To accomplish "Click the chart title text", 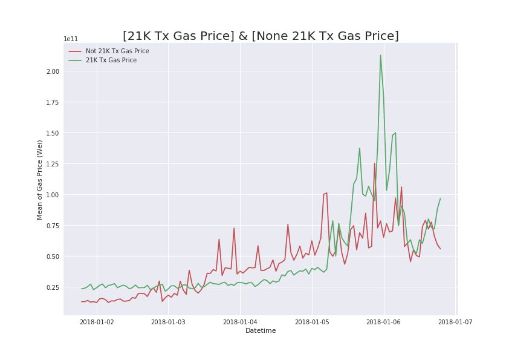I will pyautogui.click(x=261, y=36).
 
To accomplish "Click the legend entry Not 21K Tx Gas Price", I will pyautogui.click(x=117, y=51).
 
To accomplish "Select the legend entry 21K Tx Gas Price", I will pyautogui.click(x=111, y=61).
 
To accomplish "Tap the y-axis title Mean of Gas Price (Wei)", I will pyautogui.click(x=40, y=180).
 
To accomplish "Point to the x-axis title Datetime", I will pyautogui.click(x=261, y=331).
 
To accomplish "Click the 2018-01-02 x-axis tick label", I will pyautogui.click(x=97, y=322).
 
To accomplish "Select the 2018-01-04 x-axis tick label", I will pyautogui.click(x=240, y=322).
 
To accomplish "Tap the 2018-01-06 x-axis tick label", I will pyautogui.click(x=384, y=322).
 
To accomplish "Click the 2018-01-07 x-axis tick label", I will pyautogui.click(x=455, y=322).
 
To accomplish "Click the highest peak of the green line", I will pyautogui.click(x=380, y=56).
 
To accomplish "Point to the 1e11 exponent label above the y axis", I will pyautogui.click(x=70, y=39).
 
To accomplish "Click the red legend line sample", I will pyautogui.click(x=75, y=51).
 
